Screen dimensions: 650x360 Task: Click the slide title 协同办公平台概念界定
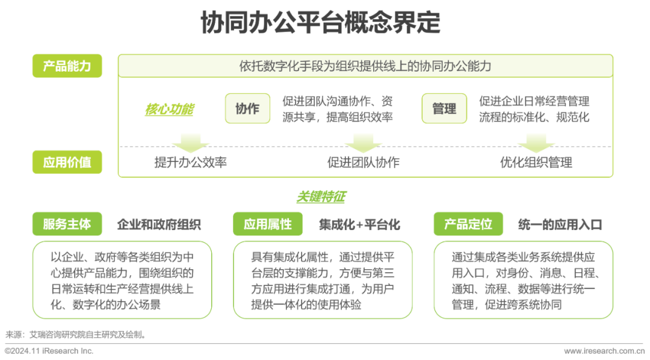320,23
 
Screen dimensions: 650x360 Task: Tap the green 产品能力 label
67,66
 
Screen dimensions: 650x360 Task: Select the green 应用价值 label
67,162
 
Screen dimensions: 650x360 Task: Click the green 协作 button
247,108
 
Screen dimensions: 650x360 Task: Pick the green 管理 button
444,108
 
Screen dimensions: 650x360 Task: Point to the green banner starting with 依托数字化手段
365,66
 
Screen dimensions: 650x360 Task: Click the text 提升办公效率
191,163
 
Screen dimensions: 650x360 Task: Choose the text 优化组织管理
536,163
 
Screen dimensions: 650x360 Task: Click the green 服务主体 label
67,225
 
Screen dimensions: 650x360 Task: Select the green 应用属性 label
267,225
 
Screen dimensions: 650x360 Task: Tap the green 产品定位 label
468,225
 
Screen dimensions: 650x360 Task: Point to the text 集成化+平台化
359,225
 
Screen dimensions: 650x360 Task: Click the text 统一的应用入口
560,225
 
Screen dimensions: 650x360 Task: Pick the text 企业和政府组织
158,225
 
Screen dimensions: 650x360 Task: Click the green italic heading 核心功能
169,109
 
